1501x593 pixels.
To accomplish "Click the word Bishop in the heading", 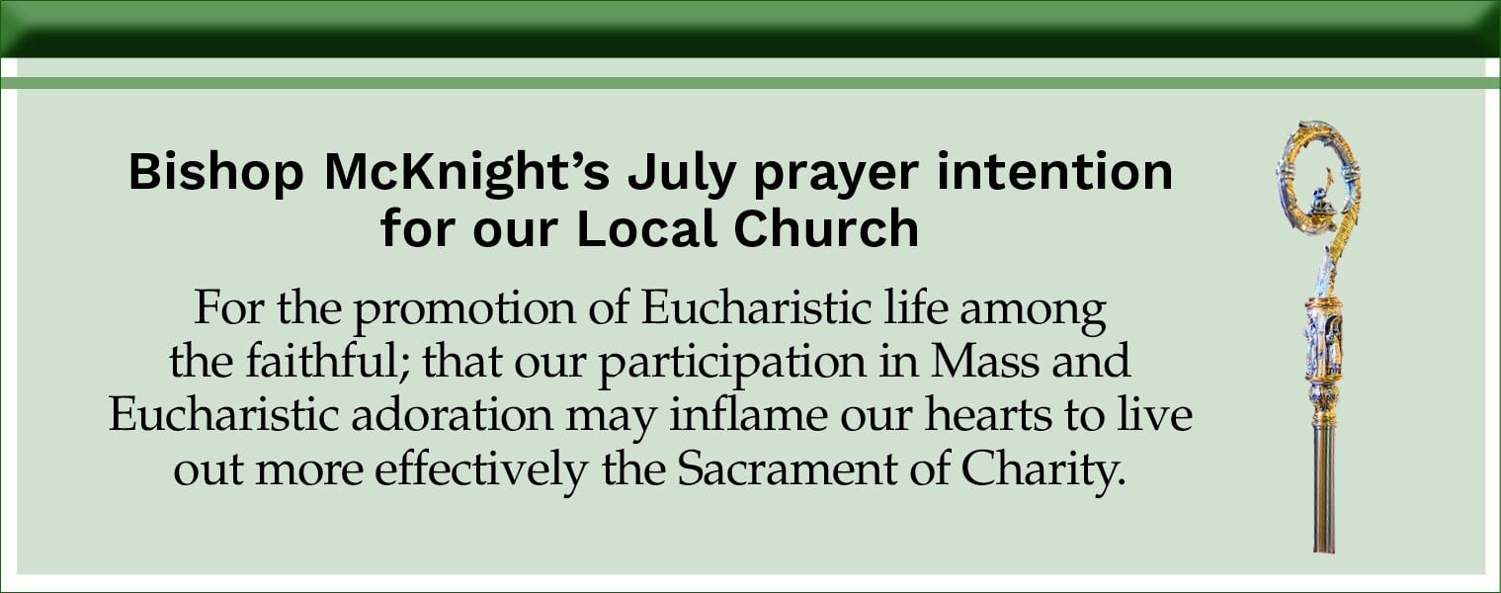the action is pos(215,174).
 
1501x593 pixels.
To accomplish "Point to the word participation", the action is pos(732,363).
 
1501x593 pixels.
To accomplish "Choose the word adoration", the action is pos(453,415).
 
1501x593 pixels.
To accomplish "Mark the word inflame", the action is pos(748,415).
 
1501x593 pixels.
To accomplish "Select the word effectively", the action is pos(481,469).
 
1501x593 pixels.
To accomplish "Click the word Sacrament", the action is pos(788,469).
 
